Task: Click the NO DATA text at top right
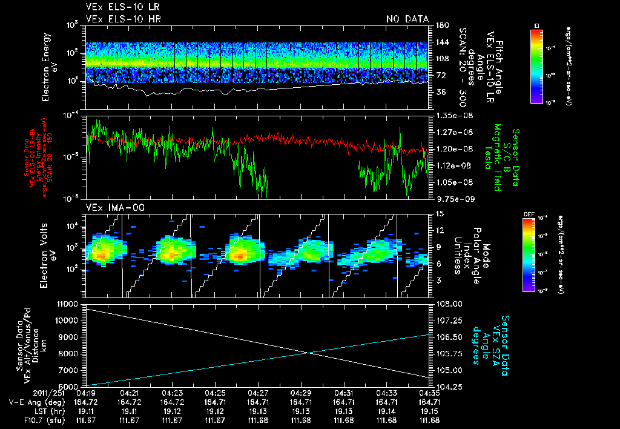click(x=407, y=19)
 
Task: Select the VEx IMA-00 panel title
click(x=110, y=207)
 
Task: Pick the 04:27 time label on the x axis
click(x=259, y=393)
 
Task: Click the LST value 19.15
click(x=430, y=411)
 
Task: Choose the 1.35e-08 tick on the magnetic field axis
click(x=450, y=115)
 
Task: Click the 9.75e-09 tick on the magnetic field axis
click(x=450, y=198)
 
